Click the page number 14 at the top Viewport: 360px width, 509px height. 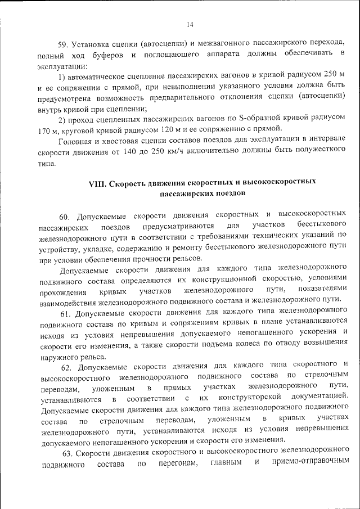(190, 24)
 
